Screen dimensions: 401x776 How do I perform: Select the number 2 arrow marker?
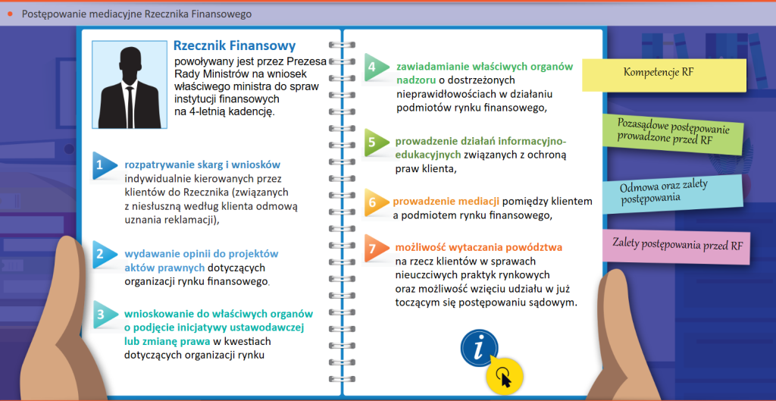coord(102,253)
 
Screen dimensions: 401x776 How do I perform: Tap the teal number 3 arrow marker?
coord(103,314)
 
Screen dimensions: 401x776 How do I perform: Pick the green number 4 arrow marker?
coord(374,67)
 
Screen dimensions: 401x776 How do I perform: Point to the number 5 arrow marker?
coord(374,141)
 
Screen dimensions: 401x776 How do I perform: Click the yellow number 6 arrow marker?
coord(374,202)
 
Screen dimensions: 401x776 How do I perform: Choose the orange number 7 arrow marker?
coord(374,248)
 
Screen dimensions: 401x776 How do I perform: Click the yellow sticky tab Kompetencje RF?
coord(664,73)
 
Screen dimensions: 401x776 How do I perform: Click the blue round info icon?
coord(479,348)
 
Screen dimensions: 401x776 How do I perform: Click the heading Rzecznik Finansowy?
coord(234,46)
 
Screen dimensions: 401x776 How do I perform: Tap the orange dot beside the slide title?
coord(10,14)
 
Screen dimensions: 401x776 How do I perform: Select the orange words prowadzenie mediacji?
coord(446,201)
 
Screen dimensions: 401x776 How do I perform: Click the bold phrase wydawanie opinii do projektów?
coord(202,253)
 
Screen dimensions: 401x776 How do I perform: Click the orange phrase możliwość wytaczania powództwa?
coord(479,247)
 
